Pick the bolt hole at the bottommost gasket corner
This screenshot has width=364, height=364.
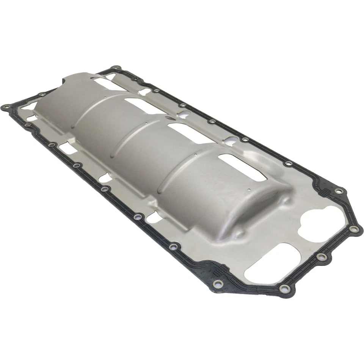[x=284, y=289]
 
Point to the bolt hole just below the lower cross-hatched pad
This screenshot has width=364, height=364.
[x=218, y=284]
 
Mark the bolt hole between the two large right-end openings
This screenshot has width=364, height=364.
[x=321, y=257]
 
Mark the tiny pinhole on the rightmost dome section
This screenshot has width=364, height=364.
[x=248, y=190]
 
